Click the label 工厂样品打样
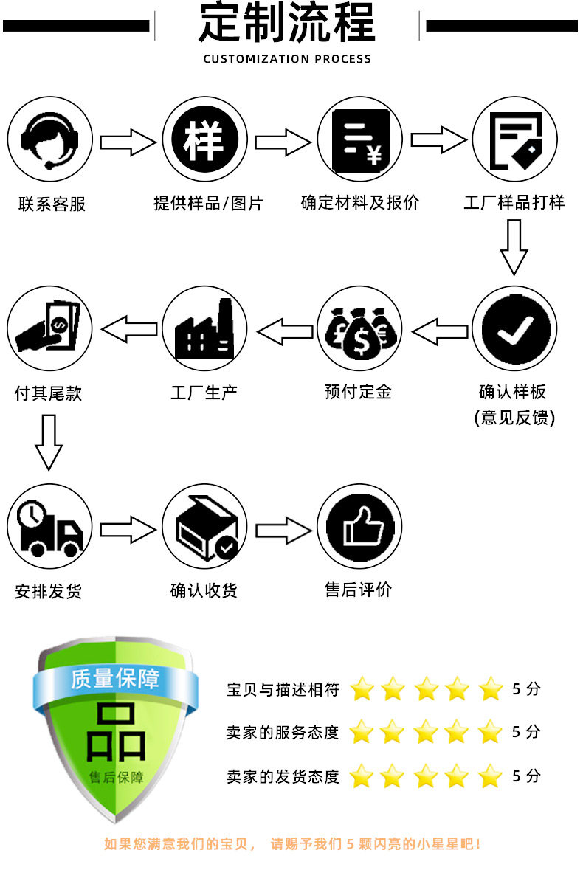pyautogui.click(x=514, y=202)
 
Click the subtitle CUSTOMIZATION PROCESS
pyautogui.click(x=287, y=59)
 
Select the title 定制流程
pyautogui.click(x=287, y=24)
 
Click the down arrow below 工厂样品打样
pyautogui.click(x=514, y=247)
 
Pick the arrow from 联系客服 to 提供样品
pyautogui.click(x=128, y=142)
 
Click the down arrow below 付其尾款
pyautogui.click(x=49, y=442)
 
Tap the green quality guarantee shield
pyautogui.click(x=114, y=731)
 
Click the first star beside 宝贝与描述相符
pyautogui.click(x=362, y=689)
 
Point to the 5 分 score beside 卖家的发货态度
pyautogui.click(x=526, y=776)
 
